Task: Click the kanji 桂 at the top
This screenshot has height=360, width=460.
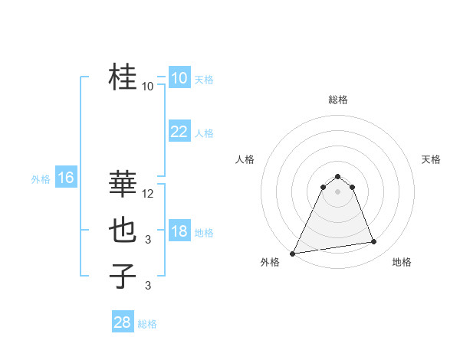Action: click(x=123, y=77)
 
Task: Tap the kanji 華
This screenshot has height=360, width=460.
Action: click(x=123, y=184)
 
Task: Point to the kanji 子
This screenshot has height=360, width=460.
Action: click(x=123, y=276)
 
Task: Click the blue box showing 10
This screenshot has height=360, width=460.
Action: click(x=179, y=78)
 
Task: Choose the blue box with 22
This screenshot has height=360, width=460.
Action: click(x=179, y=132)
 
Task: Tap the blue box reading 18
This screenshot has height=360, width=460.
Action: click(x=179, y=231)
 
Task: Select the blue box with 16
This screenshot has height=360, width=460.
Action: click(x=65, y=178)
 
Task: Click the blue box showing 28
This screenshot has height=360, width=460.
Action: click(x=123, y=322)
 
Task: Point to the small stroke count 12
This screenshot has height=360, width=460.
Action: click(x=148, y=194)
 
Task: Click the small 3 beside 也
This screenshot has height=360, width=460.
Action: click(x=148, y=240)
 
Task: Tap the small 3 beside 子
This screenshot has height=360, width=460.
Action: click(x=148, y=286)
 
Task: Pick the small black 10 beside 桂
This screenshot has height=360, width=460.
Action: click(x=148, y=87)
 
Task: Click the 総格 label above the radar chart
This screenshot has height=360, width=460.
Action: click(x=337, y=100)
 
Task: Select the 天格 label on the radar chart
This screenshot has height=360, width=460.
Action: click(x=431, y=159)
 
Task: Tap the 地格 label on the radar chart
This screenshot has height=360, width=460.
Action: click(x=402, y=262)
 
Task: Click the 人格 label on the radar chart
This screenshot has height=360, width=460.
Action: click(x=245, y=159)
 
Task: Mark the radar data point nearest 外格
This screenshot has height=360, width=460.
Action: click(x=293, y=253)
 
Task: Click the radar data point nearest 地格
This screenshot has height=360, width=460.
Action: click(x=374, y=242)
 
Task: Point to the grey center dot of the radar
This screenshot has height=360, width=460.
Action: click(x=337, y=191)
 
